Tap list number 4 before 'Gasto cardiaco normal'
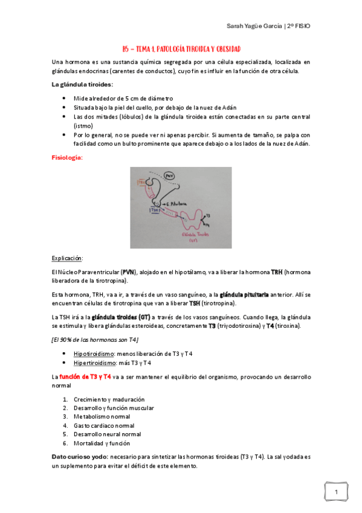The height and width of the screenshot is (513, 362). tap(66, 425)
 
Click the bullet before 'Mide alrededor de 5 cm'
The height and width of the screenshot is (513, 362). tap(65, 99)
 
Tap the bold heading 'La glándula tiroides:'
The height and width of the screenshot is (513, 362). tap(82, 84)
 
